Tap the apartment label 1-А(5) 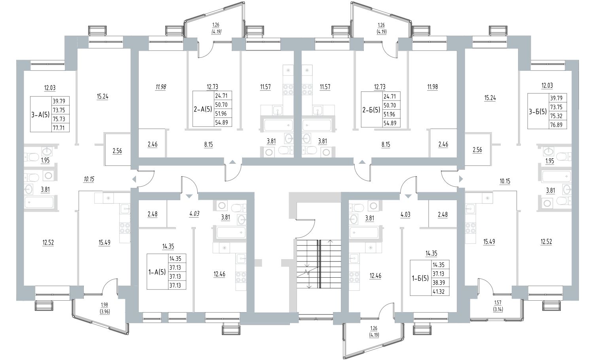(x=157, y=272)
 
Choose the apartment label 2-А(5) (x=202, y=109)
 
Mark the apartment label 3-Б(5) (x=538, y=111)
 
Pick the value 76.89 (x=556, y=125)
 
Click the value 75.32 (x=556, y=116)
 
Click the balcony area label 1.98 (x=104, y=305)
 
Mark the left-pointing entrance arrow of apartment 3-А (x=134, y=180)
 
